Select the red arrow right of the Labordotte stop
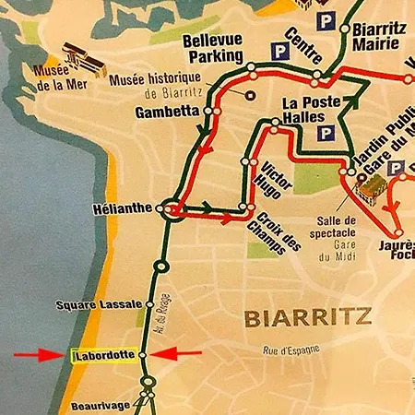click(176, 353)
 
